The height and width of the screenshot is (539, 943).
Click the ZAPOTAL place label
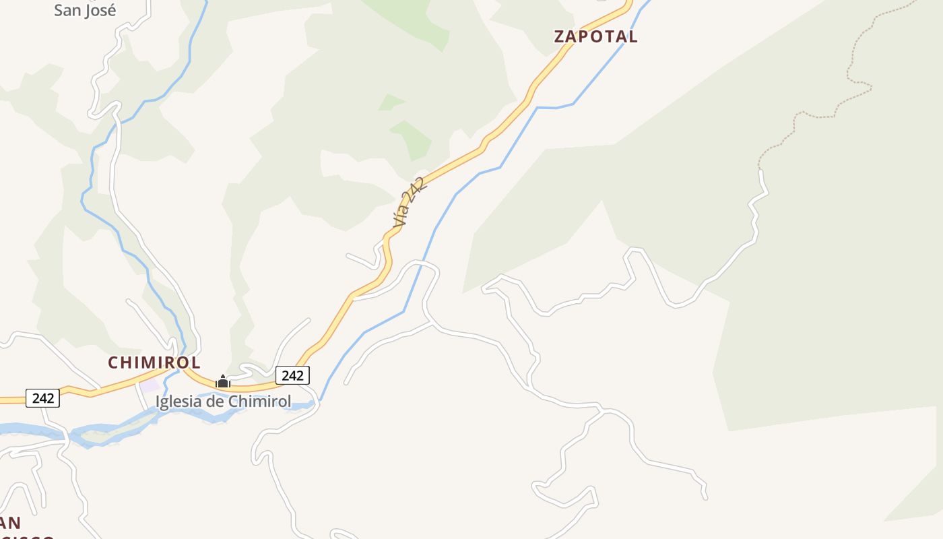595,36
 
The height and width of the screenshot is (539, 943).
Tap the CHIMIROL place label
154,362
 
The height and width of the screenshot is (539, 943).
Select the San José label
85,10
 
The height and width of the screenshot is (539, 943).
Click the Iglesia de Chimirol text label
224,402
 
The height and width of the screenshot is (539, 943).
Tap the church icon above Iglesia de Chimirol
223,382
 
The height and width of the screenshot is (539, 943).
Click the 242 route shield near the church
292,375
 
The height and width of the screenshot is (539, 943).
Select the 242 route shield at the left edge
43,398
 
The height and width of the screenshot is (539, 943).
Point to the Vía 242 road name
409,201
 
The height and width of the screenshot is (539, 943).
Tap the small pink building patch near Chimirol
150,385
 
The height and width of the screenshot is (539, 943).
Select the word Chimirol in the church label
260,402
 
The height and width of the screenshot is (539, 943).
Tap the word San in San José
67,10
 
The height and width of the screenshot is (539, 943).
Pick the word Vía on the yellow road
401,216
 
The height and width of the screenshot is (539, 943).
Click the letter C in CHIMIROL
114,362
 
